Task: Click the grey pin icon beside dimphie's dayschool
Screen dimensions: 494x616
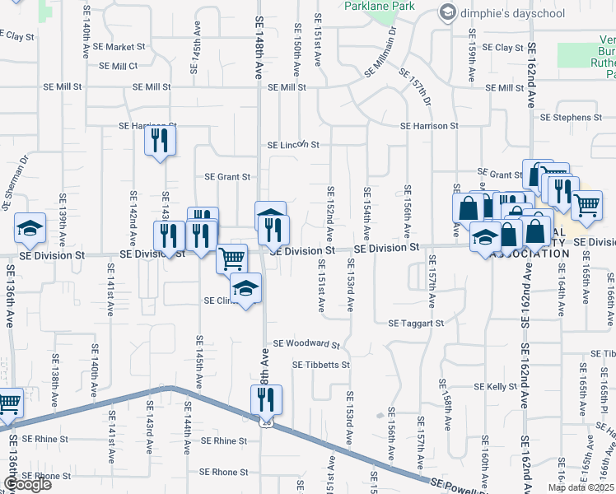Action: click(447, 12)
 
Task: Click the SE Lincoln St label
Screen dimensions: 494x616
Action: click(292, 145)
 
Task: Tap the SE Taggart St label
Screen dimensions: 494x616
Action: click(416, 324)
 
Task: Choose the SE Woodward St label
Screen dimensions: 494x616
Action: click(306, 343)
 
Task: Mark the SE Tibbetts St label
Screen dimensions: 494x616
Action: click(322, 364)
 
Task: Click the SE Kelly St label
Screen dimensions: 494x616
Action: click(495, 386)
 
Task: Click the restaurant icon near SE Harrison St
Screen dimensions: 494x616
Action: click(161, 141)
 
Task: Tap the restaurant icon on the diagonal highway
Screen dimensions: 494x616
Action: click(266, 400)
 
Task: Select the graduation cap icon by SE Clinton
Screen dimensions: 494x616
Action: click(244, 289)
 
